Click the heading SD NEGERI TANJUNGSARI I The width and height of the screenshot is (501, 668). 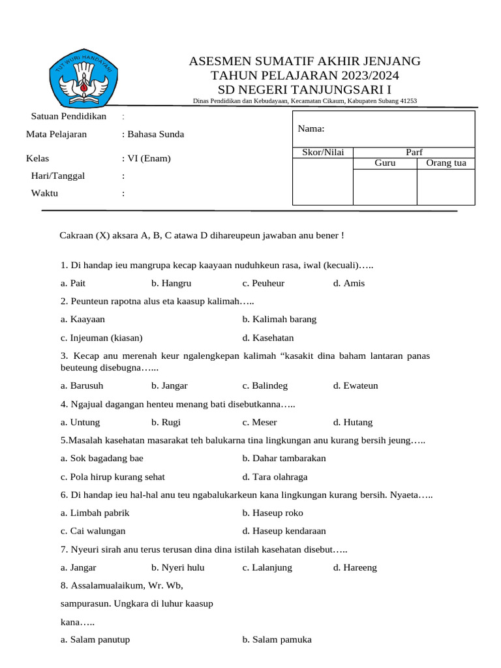coord(305,89)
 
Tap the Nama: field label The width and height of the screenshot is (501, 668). coord(311,129)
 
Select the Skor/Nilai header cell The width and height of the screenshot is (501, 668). coord(322,152)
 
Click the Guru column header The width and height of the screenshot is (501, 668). coord(385,163)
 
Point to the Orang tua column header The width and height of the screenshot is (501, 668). coord(446,163)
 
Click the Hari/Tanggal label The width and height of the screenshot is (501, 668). coord(58,175)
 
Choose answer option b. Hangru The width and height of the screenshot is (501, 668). coord(171,283)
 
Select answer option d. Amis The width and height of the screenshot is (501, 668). coord(348,283)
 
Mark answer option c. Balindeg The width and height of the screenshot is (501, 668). coord(265,386)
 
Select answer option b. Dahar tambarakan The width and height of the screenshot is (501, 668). coord(284,458)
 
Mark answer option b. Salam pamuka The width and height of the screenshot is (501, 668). coord(277,640)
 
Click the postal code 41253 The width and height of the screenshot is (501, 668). coord(408,100)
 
